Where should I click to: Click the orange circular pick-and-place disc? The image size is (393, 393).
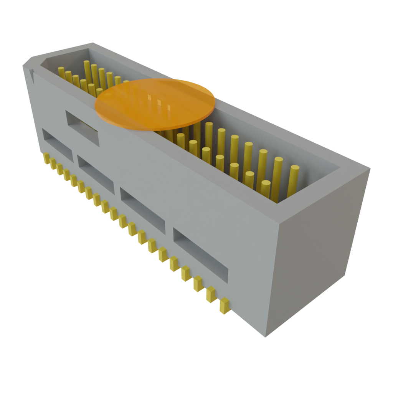click(155, 104)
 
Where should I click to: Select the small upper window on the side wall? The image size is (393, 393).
click(83, 128)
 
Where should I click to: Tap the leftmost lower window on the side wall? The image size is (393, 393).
click(57, 144)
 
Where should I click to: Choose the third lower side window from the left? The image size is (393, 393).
click(143, 210)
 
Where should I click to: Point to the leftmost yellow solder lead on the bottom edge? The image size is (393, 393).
click(46, 158)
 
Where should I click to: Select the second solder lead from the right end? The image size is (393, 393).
click(211, 294)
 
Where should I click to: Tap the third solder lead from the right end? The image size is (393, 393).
click(198, 283)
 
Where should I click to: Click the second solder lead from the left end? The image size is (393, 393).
click(53, 163)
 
